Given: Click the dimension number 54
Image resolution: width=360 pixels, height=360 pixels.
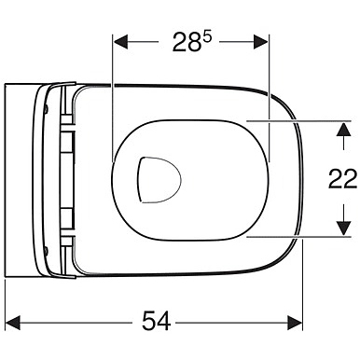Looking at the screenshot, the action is pyautogui.click(x=156, y=322).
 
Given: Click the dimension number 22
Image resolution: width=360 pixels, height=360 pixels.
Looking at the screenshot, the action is pyautogui.click(x=342, y=179).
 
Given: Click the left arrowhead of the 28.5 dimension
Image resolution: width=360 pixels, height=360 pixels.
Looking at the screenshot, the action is pyautogui.click(x=120, y=42).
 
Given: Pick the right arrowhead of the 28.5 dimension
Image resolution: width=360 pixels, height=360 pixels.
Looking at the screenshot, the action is pyautogui.click(x=260, y=42).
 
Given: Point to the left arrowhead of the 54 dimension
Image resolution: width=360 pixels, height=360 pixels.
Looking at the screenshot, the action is pyautogui.click(x=13, y=323).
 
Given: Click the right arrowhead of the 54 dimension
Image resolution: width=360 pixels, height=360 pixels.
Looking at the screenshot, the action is pyautogui.click(x=295, y=323).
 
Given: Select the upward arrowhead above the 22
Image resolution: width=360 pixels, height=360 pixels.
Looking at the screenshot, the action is pyautogui.click(x=343, y=129).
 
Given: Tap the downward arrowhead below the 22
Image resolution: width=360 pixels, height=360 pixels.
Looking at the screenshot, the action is pyautogui.click(x=343, y=228).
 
